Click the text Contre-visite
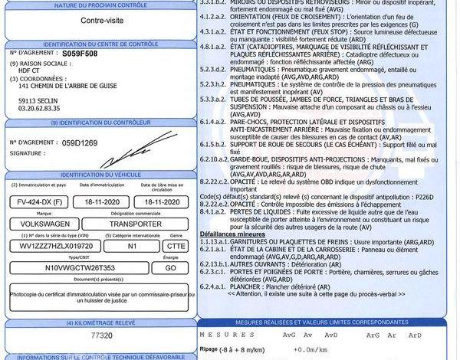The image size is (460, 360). [100, 21]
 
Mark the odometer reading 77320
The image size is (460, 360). [101, 336]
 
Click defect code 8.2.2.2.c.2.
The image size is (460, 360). [215, 182]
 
